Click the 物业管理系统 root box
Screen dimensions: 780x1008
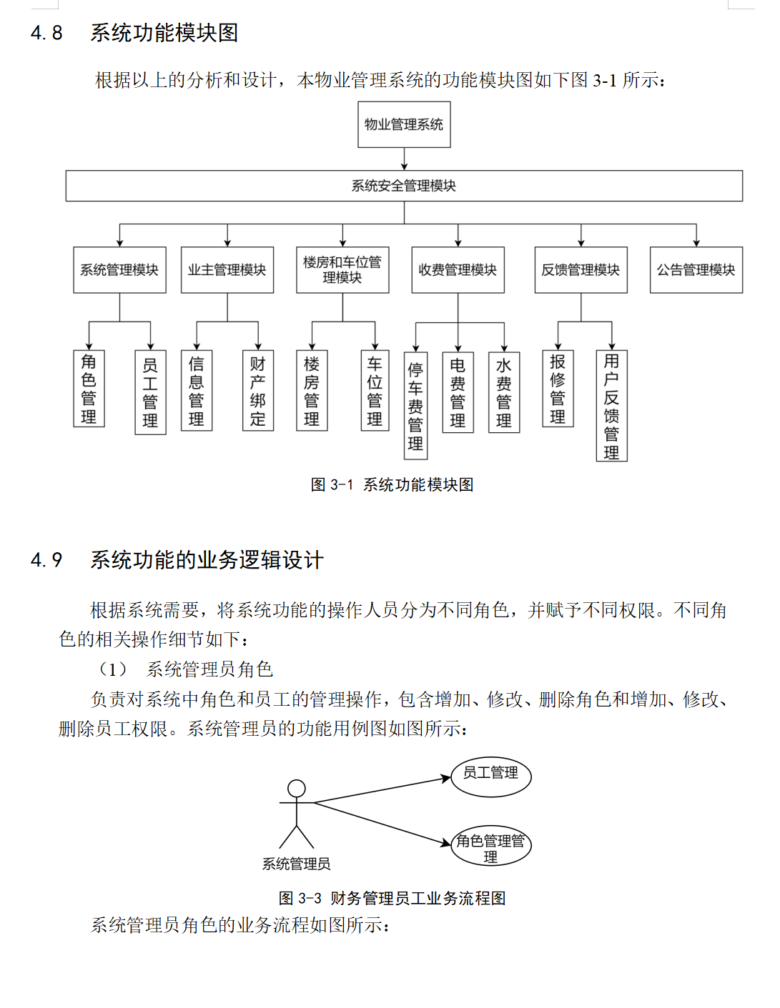pos(404,124)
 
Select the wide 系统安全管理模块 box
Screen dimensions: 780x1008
pos(404,186)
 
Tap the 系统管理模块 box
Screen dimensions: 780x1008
pos(119,269)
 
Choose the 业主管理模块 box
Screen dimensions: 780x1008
pos(227,269)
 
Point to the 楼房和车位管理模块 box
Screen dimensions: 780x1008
pos(342,269)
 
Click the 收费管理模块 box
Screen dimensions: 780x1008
pos(458,269)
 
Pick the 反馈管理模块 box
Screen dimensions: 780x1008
pos(581,269)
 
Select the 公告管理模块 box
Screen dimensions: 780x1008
pos(696,269)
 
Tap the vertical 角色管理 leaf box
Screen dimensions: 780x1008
pos(89,388)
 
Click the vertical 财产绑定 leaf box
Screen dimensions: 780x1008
pos(258,391)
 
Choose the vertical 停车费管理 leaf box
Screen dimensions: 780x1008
pos(416,406)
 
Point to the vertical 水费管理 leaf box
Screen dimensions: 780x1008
pos(504,392)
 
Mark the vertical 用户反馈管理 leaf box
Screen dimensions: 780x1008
pos(611,406)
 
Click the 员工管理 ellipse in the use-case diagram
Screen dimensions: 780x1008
pos(491,777)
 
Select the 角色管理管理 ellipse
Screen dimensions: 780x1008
pos(491,845)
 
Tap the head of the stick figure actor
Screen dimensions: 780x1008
pos(297,789)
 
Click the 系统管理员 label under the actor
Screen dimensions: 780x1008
pos(297,863)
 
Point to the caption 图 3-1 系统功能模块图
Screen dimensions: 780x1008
pos(392,485)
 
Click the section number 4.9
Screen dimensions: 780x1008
pos(46,560)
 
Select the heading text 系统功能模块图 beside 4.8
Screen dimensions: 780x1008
pos(164,33)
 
